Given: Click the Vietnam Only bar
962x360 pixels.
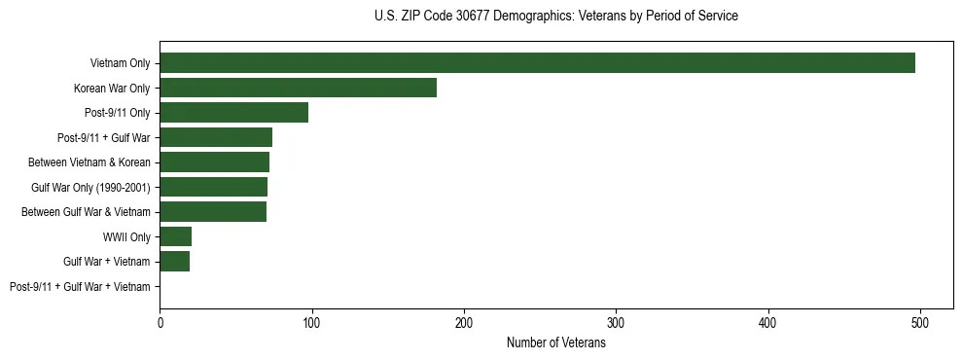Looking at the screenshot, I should pyautogui.click(x=537, y=63).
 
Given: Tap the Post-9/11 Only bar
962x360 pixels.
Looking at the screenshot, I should pyautogui.click(x=233, y=113).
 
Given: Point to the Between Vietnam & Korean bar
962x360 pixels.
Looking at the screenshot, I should pyautogui.click(x=214, y=162).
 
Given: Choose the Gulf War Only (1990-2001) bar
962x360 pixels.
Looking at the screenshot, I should pyautogui.click(x=213, y=187).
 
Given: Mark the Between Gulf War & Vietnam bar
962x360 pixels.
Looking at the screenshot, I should pyautogui.click(x=213, y=212).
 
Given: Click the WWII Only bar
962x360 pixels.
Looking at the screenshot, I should pyautogui.click(x=175, y=236).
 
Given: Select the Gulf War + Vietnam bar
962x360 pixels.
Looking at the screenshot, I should pyautogui.click(x=174, y=262).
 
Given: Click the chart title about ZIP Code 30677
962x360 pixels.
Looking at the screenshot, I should pyautogui.click(x=555, y=16).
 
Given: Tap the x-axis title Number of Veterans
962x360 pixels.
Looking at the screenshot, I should pyautogui.click(x=555, y=343).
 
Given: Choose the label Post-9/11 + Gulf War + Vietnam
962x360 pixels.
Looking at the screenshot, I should pyautogui.click(x=80, y=287).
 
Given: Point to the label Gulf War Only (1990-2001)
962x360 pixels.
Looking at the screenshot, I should pyautogui.click(x=90, y=187).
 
